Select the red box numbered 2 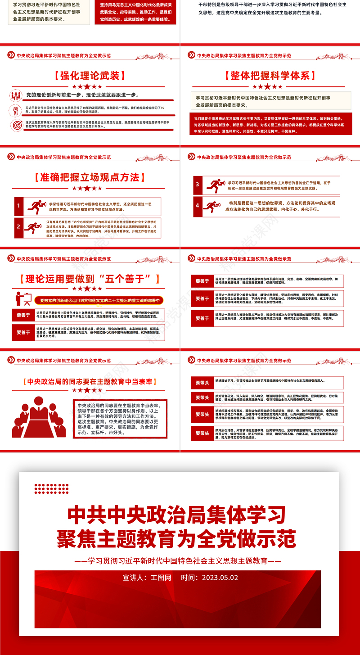[18, 227]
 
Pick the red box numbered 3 [197, 185]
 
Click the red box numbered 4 [197, 205]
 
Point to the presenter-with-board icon [22, 298]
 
